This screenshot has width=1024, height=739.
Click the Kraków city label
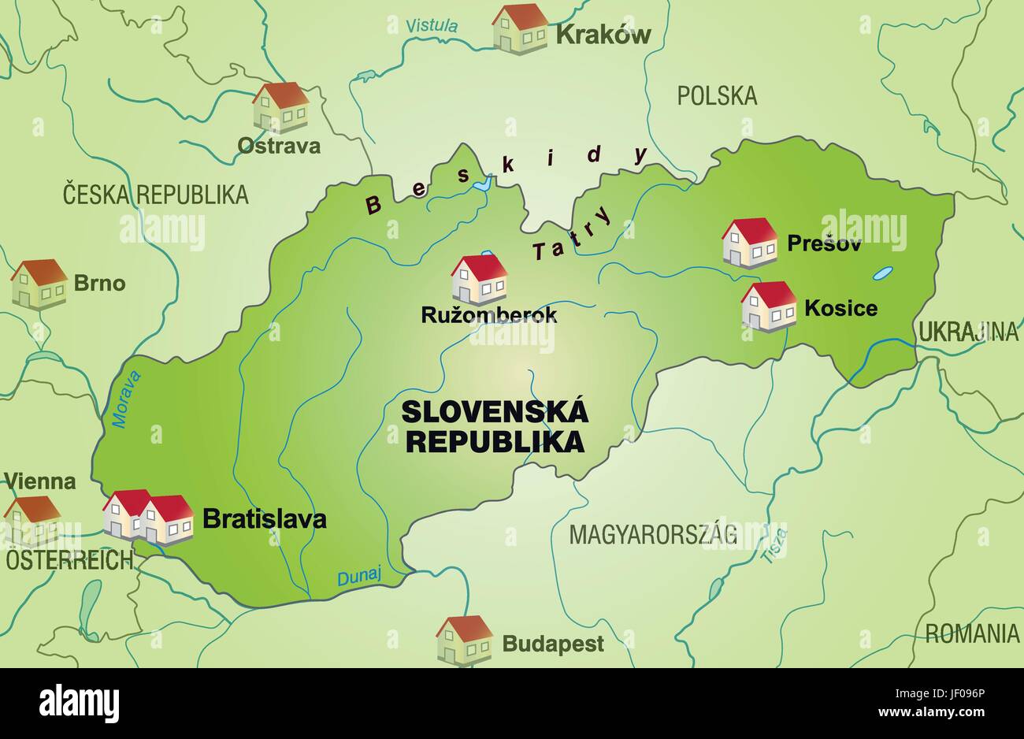pos(603,35)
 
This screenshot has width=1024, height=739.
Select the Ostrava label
pos(279,146)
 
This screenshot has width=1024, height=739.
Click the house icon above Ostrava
pos(280,107)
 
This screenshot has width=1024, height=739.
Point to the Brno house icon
pos(39,284)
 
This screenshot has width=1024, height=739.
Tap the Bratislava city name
pos(265,519)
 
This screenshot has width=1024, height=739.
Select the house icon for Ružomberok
pos(479,280)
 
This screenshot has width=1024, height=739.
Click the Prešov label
pos(824,243)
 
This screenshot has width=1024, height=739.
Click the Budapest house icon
pos(465,640)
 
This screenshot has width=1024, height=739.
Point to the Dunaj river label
pos(358,577)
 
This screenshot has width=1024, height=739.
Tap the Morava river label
pos(127,399)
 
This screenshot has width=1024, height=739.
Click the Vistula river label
pos(431,25)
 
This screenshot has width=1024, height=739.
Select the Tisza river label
pos(775,546)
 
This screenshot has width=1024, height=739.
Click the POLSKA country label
pos(717,96)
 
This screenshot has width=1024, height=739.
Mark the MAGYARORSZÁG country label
pos(653,535)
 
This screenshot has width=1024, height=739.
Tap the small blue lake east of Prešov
pos(882,274)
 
